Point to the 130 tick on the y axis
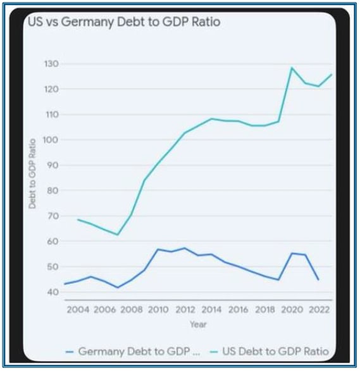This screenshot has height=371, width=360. (x=51, y=64)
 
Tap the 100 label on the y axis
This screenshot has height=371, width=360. (x=51, y=140)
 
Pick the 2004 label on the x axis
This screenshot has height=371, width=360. (x=78, y=310)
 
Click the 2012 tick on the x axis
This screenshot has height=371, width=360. (x=184, y=310)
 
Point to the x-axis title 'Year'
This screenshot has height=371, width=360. (x=198, y=324)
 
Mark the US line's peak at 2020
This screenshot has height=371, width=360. (x=292, y=68)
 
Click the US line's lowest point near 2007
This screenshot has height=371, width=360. (x=118, y=234)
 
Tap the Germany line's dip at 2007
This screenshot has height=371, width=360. (x=118, y=288)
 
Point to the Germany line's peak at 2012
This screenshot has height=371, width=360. (x=184, y=248)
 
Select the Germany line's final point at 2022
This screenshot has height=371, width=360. (x=318, y=279)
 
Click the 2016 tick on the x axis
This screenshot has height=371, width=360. (x=237, y=310)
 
